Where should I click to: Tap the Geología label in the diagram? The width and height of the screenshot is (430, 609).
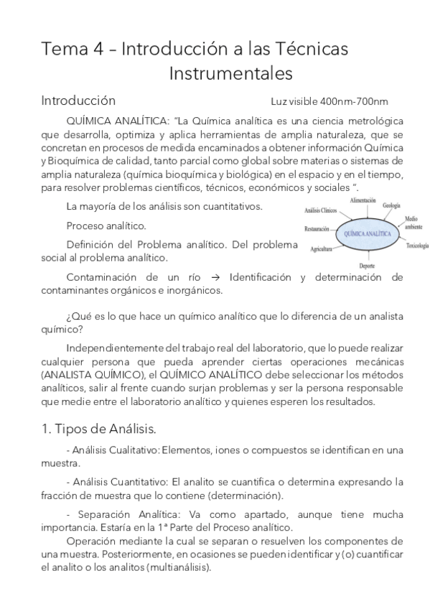coord(391,206)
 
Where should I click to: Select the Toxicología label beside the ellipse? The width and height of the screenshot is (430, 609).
coord(416,245)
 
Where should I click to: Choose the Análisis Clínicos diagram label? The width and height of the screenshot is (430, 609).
coord(320,210)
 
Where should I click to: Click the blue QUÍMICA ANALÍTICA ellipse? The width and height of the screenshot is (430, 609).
coord(368,234)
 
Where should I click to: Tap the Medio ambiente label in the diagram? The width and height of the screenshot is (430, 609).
coord(412,222)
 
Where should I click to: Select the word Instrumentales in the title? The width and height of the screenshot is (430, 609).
coord(231,73)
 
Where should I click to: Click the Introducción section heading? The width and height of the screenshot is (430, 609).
coord(78,100)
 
